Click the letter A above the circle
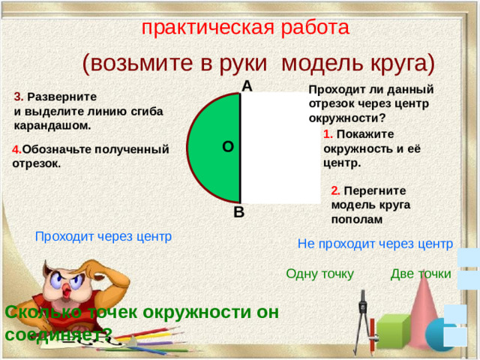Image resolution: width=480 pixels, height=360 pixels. [247, 86]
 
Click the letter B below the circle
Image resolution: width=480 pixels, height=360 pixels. [238, 212]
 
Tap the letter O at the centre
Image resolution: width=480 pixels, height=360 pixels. [227, 147]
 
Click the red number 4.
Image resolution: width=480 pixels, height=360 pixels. [16, 149]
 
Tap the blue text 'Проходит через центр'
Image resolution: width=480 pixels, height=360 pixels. [103, 236]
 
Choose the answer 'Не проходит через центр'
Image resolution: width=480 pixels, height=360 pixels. [375, 243]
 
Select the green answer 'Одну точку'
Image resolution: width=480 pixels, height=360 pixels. [319, 274]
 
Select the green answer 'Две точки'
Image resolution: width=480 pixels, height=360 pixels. [421, 274]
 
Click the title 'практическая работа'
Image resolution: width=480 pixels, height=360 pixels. [245, 27]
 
